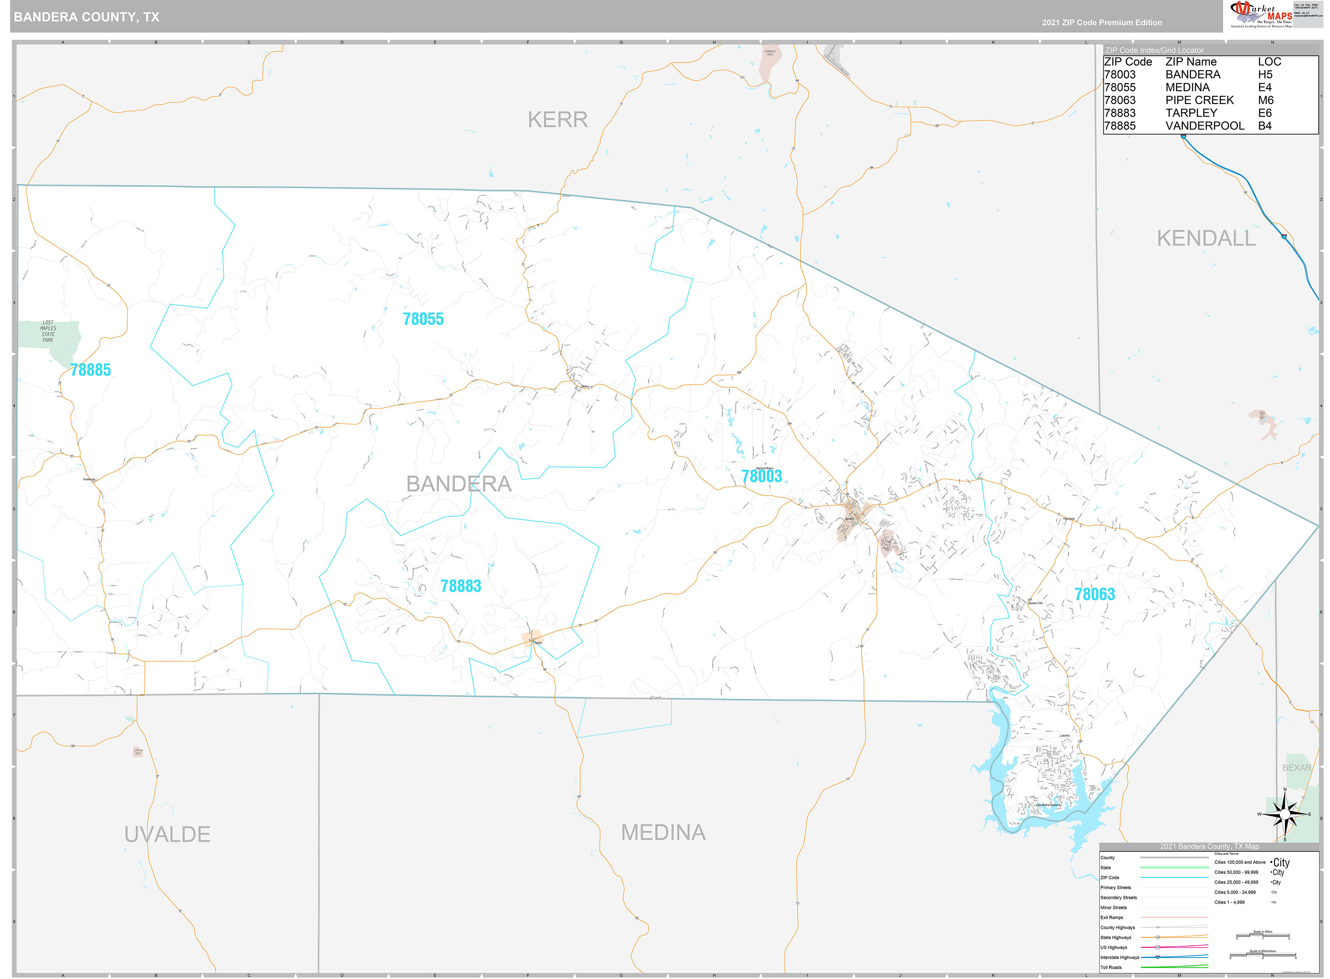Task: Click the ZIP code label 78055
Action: [423, 319]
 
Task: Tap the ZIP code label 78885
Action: [91, 370]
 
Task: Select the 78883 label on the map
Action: [460, 586]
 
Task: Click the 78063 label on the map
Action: [1094, 594]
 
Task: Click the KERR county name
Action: [558, 120]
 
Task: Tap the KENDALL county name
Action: [1206, 238]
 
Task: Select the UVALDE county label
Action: [167, 834]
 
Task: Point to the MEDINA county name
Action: [663, 833]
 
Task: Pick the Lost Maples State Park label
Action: [48, 331]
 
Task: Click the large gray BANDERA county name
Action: [459, 484]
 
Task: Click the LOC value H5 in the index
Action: [1265, 75]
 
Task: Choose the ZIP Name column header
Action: [1190, 62]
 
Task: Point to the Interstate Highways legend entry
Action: [1120, 957]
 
